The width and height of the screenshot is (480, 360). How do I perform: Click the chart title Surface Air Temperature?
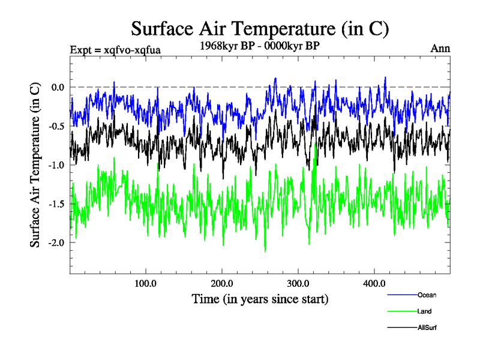[x=260, y=28]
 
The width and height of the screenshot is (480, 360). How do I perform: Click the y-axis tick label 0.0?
[x=58, y=87]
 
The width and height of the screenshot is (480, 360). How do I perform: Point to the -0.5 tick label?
[x=56, y=126]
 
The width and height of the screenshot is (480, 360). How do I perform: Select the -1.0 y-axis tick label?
[x=56, y=165]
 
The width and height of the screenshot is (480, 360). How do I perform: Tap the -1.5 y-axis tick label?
[x=56, y=204]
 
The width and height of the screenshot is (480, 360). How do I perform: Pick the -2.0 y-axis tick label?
[x=56, y=243]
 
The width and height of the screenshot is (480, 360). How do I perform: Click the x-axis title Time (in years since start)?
[x=260, y=298]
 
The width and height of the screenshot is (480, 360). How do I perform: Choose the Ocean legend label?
[x=427, y=295]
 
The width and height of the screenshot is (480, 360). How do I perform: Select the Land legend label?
[x=424, y=311]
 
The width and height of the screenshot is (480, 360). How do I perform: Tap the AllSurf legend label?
[x=427, y=328]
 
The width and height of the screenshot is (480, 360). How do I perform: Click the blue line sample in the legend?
[x=401, y=295]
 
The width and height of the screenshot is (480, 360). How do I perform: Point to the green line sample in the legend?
[x=401, y=312]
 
